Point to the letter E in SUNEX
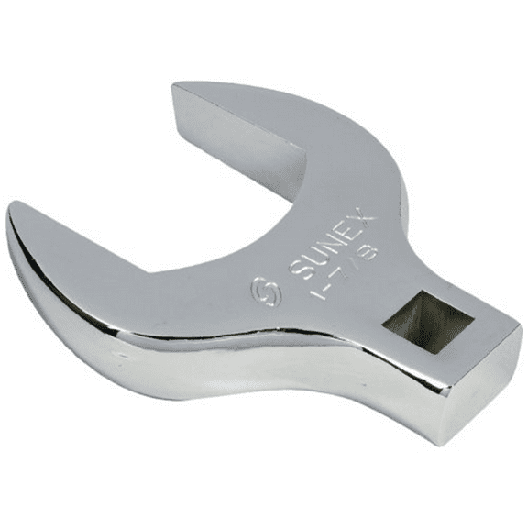pyautogui.click(x=340, y=234)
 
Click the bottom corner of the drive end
pyautogui.click(x=454, y=441)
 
